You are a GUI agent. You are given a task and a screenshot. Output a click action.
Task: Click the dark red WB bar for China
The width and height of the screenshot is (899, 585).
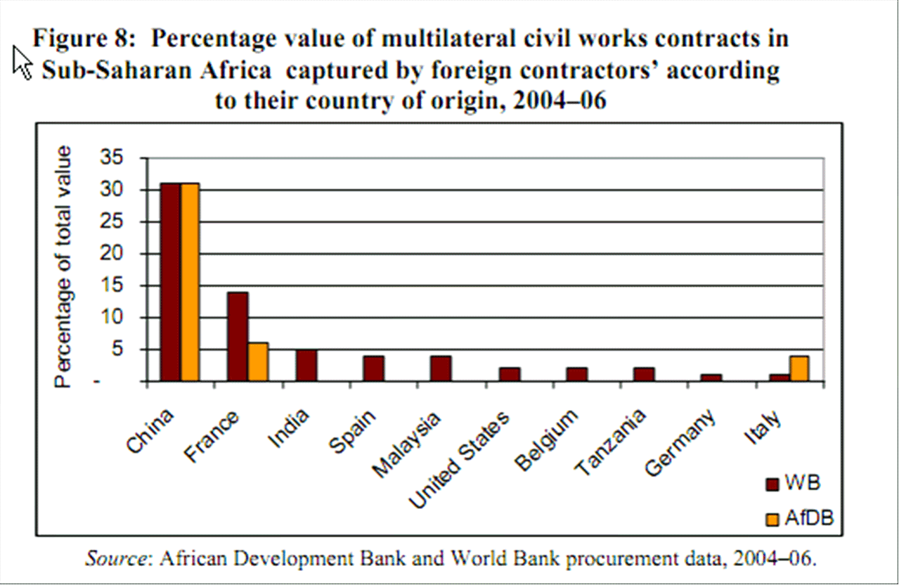(x=171, y=282)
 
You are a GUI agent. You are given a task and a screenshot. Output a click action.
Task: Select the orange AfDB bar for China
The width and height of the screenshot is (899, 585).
(x=190, y=282)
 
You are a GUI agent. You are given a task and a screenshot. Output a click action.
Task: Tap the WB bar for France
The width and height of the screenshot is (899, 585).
(x=238, y=336)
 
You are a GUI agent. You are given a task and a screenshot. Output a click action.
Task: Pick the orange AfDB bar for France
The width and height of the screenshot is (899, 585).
(x=258, y=362)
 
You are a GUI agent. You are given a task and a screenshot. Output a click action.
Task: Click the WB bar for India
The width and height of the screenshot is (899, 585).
(x=306, y=365)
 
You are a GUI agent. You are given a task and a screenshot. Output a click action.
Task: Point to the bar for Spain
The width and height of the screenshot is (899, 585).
(x=373, y=368)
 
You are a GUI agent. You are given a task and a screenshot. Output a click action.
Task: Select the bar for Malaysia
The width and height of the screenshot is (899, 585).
(x=441, y=368)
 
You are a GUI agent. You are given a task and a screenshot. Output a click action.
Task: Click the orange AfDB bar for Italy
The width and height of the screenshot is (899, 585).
(x=799, y=368)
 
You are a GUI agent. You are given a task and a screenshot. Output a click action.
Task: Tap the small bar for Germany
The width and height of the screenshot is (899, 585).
(x=711, y=378)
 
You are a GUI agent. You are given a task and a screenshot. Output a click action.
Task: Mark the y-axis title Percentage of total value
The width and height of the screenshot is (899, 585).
(x=65, y=267)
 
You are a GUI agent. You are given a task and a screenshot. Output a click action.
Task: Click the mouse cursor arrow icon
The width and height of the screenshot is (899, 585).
(x=22, y=62)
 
